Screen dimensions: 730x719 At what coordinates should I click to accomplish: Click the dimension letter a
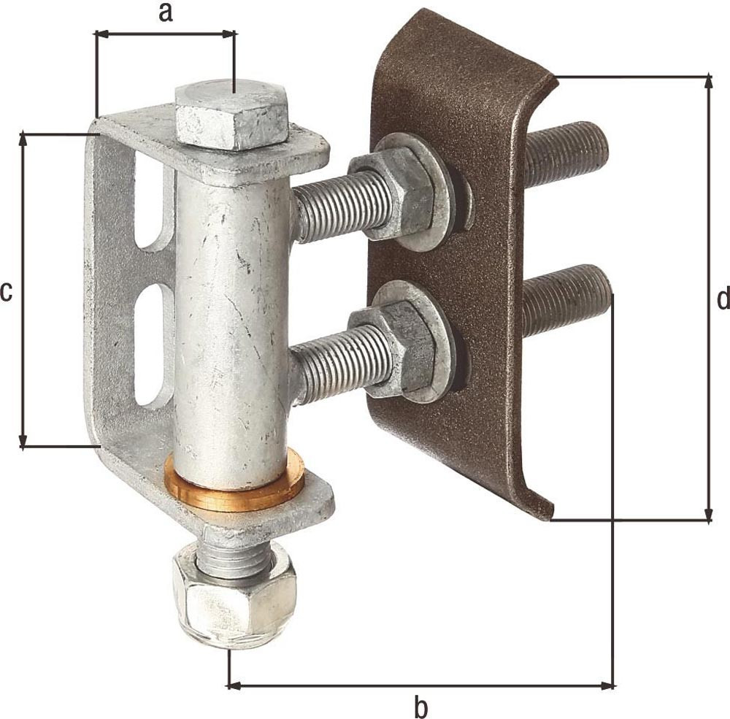click(166, 13)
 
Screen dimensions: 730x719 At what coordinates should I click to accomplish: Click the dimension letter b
click(421, 707)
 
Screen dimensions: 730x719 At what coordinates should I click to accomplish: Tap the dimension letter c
click(6, 293)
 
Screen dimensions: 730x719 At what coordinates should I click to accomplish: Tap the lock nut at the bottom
click(234, 596)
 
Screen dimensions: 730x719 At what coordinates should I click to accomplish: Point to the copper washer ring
click(235, 480)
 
